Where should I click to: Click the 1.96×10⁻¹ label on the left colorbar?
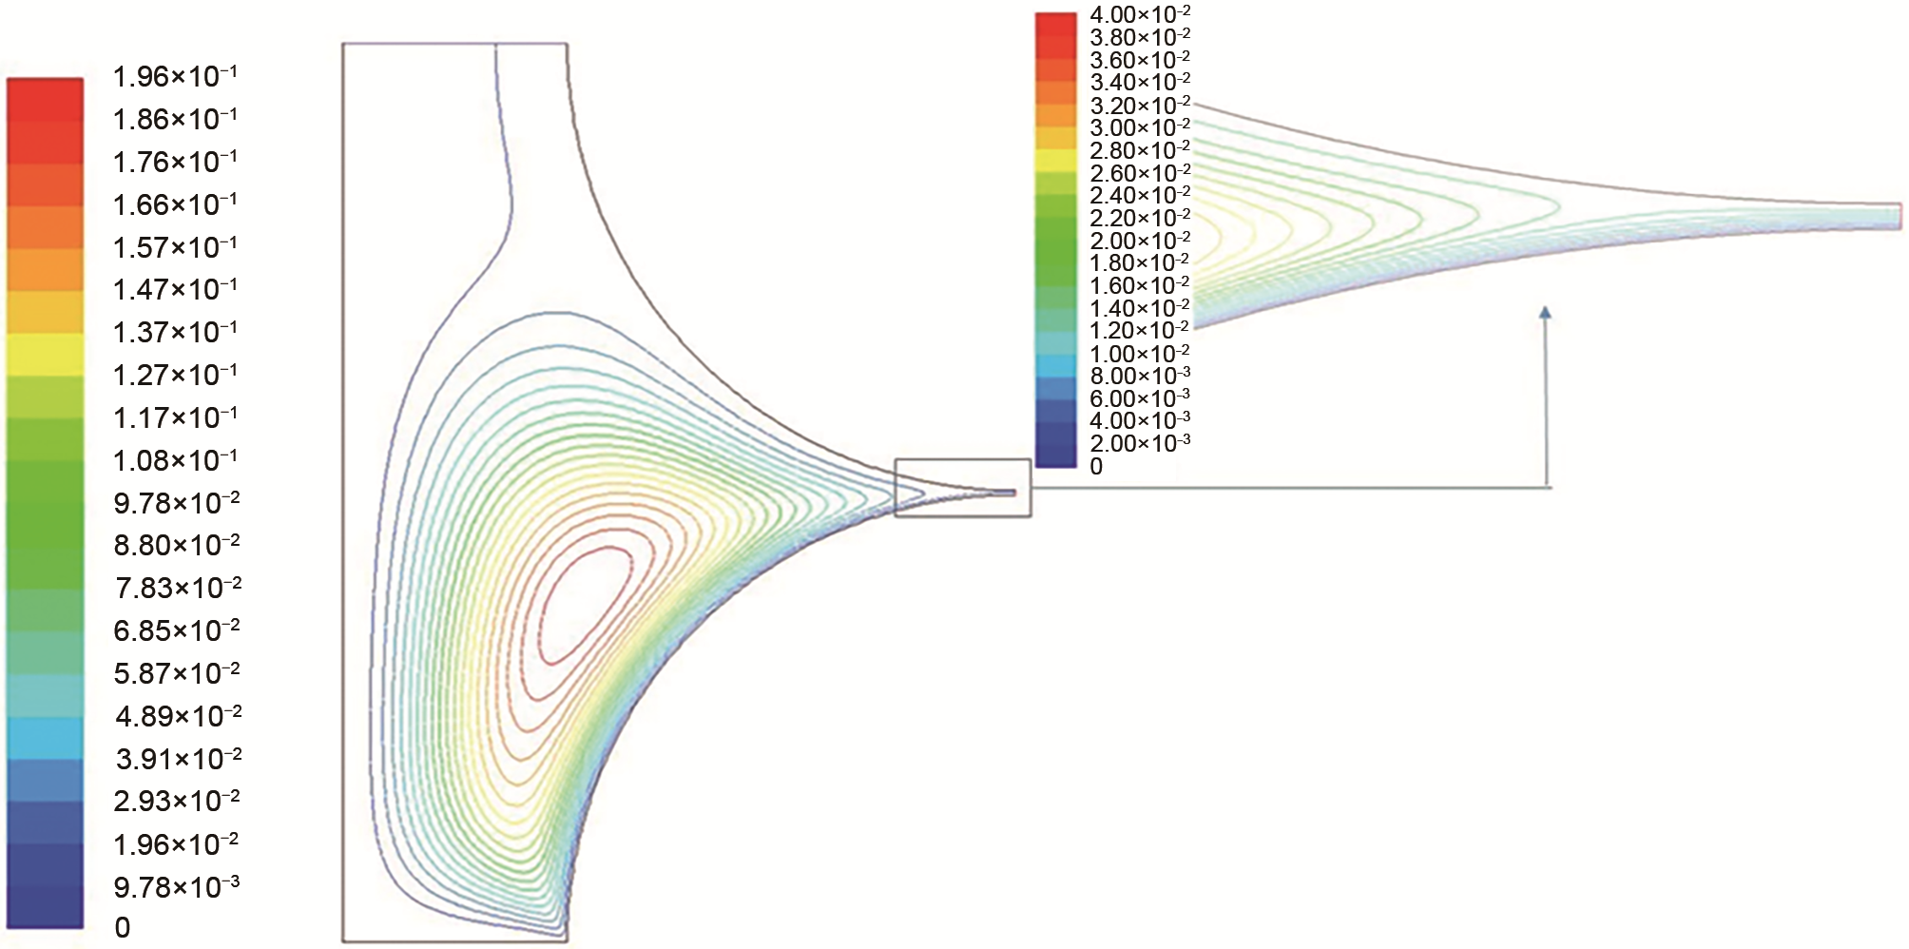point(175,76)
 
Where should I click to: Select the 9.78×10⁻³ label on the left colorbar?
point(176,887)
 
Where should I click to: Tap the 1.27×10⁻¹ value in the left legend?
point(175,375)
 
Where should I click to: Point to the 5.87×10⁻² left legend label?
point(177,673)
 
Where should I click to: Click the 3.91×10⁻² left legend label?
point(178,759)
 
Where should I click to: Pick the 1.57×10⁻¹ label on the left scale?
point(175,247)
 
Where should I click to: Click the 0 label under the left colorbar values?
point(123,927)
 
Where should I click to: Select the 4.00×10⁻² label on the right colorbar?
point(1140,14)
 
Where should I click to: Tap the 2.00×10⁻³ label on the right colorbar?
point(1140,443)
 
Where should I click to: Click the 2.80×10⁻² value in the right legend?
point(1140,150)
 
